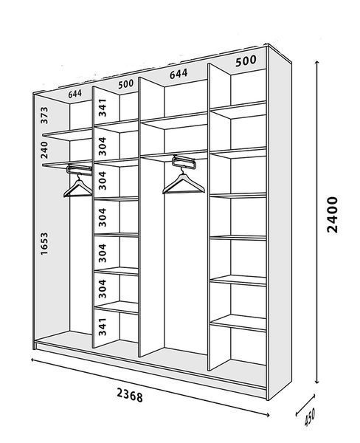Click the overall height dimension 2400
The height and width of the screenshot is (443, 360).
332,215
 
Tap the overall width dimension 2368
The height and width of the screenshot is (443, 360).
130,395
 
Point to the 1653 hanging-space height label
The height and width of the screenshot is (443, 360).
44,244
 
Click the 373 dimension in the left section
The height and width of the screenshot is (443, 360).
44,115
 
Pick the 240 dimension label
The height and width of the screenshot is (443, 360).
44,150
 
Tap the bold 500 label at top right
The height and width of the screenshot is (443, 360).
246,61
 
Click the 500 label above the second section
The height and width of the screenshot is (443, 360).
125,84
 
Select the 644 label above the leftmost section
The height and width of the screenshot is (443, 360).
75,94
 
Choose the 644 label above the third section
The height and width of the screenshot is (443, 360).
179,74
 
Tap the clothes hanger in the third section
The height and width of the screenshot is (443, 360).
183,181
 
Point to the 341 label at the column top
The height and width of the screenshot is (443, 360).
103,108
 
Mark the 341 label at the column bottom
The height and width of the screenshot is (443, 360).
103,327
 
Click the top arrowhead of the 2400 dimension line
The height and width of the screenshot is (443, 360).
317,62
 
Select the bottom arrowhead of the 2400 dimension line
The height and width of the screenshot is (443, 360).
317,382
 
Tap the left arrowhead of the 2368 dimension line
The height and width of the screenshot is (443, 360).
32,360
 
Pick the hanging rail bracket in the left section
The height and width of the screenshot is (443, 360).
80,170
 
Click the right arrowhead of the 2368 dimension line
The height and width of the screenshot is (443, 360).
266,415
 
